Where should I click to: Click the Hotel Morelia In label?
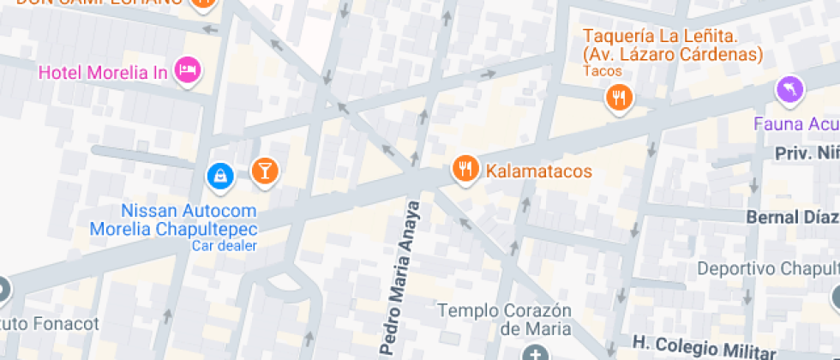[x=102, y=72]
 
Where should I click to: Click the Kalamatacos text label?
[x=539, y=171]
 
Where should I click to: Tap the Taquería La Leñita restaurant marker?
[x=617, y=97]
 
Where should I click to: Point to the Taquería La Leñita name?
[x=672, y=45]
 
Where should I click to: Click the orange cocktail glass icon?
[x=264, y=170]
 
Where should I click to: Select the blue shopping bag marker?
[x=221, y=177]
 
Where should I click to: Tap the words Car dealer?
[x=224, y=246]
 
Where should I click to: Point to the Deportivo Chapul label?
[x=767, y=268]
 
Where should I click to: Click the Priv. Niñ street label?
[x=805, y=153]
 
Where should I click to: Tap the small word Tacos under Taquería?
[x=606, y=71]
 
